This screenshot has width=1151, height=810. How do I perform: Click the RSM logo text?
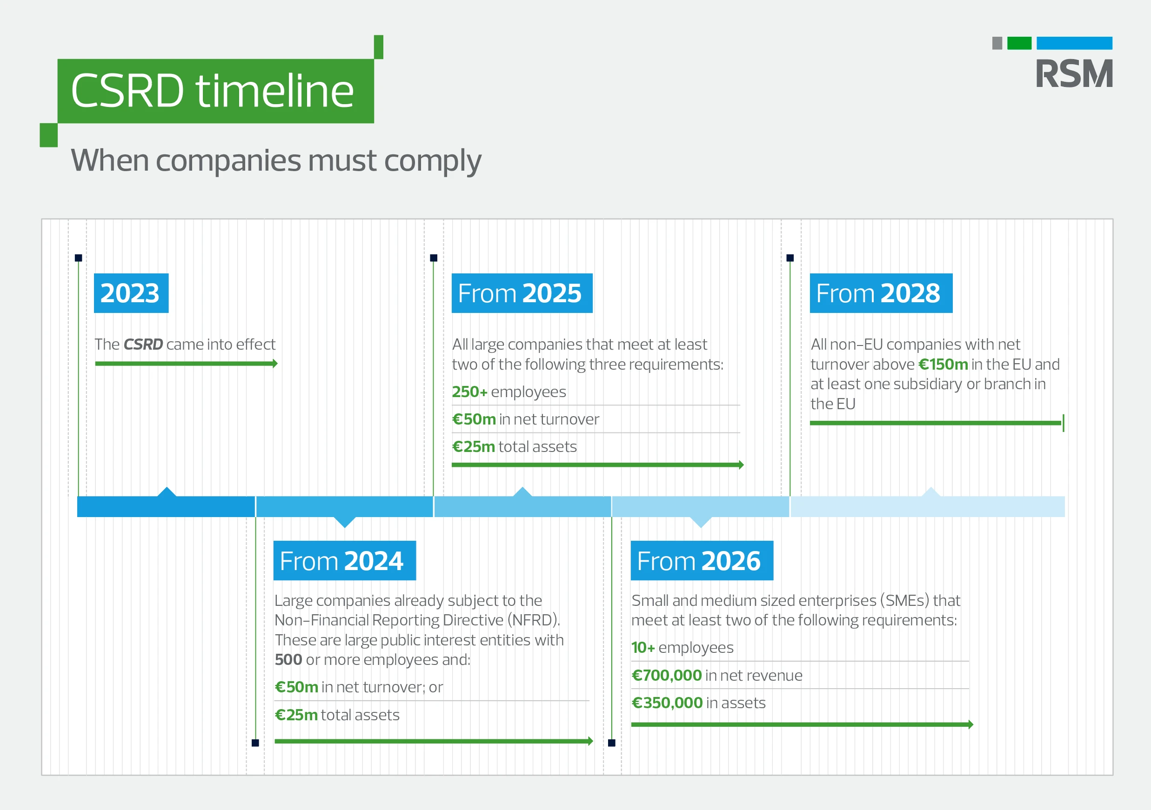1074,73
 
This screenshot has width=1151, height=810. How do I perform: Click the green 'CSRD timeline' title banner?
215,91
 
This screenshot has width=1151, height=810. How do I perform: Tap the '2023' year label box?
131,293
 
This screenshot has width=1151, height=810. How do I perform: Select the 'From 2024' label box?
344,561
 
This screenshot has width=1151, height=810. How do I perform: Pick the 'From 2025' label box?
522,293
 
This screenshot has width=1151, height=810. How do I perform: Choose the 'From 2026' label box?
702,561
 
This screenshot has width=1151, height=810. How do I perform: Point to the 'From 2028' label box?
881,293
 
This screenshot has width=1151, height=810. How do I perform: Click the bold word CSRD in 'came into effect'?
143,345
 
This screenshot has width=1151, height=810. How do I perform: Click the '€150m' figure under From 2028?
943,364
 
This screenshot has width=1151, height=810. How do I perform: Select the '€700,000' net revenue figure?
667,675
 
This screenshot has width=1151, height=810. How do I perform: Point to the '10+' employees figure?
643,648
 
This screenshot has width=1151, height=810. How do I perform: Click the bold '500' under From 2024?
288,660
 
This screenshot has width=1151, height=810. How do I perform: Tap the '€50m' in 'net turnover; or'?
296,687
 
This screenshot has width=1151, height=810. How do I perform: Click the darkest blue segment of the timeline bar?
166,506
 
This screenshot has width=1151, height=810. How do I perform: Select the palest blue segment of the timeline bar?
927,506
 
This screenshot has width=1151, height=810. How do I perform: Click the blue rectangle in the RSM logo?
1074,43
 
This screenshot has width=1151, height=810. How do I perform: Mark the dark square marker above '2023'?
78,258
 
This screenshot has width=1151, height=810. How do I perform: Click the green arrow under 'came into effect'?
186,364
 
